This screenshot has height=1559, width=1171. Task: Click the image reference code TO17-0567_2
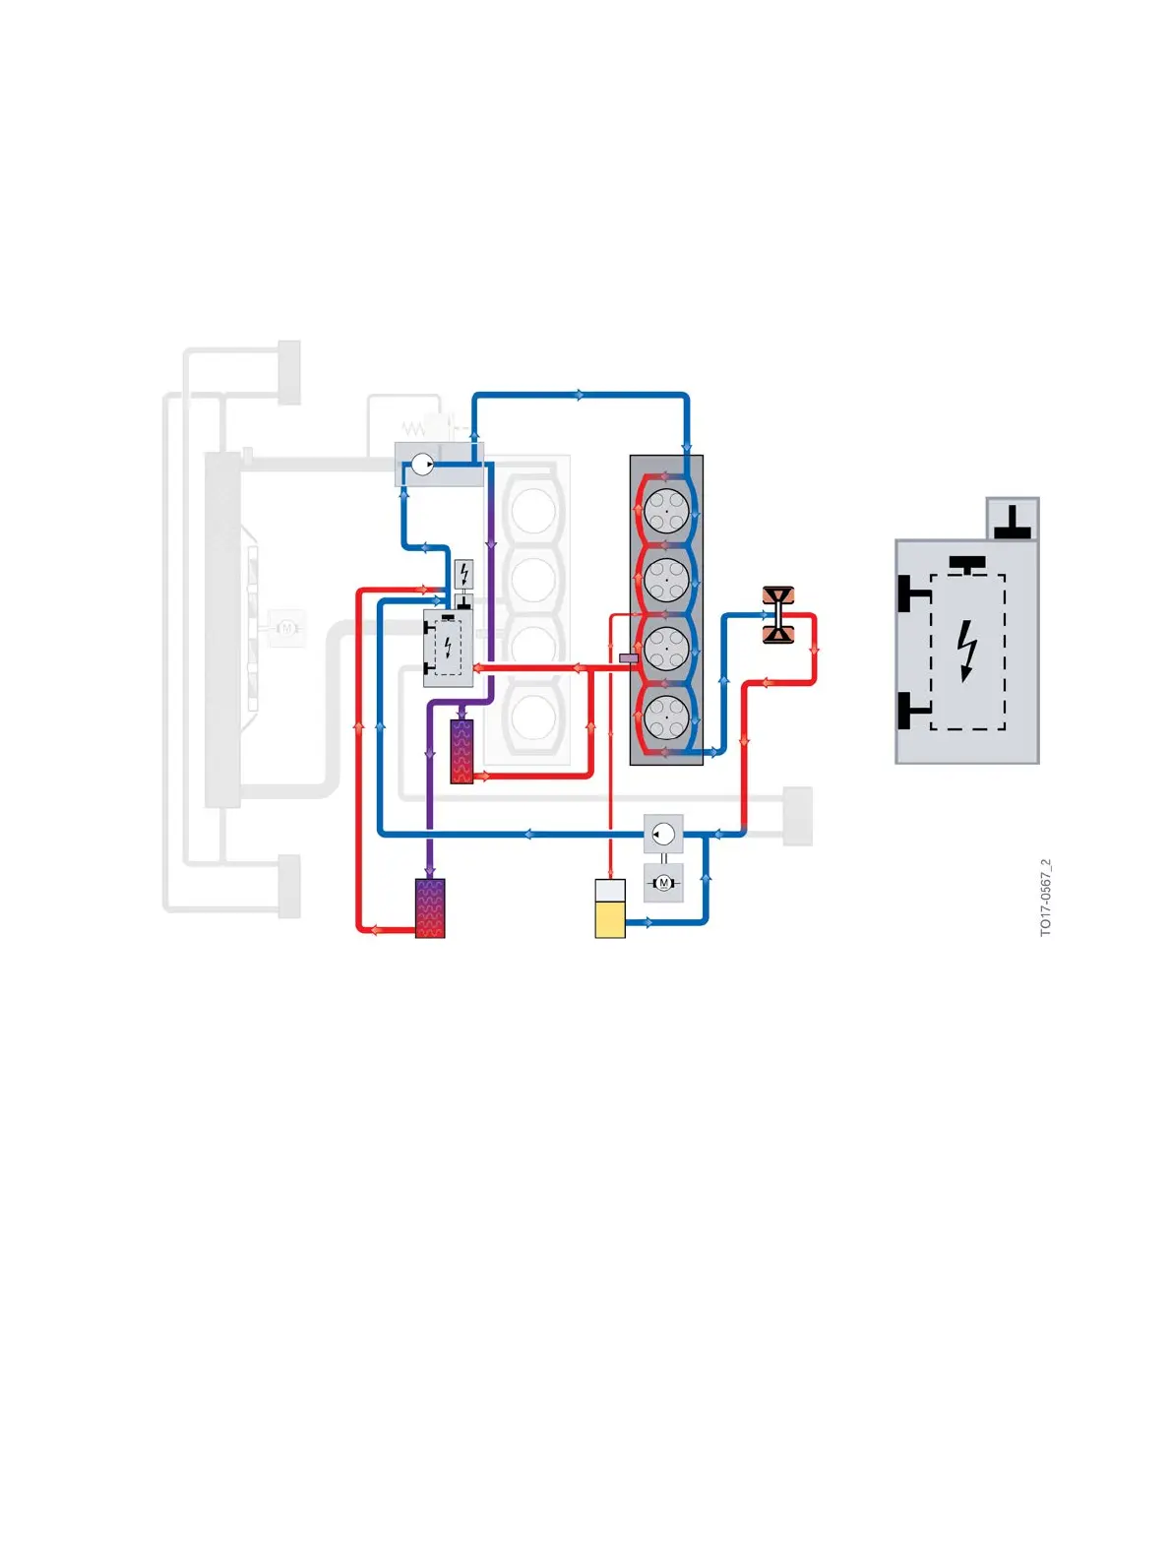click(x=1045, y=897)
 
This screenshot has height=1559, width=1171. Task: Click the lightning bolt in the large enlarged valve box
click(x=968, y=651)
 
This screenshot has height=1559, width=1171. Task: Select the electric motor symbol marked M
click(x=663, y=883)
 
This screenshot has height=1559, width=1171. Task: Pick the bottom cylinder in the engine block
click(x=666, y=717)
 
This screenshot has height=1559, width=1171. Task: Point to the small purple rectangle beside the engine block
click(x=629, y=657)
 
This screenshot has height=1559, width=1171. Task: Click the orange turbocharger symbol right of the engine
click(x=778, y=615)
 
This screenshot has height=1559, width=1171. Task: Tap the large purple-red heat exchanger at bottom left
click(x=430, y=907)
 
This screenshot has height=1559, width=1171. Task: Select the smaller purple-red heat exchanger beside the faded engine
click(x=462, y=751)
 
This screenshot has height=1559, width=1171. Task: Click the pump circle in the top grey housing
click(x=422, y=464)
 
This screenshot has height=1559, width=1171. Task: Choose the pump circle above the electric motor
click(x=663, y=834)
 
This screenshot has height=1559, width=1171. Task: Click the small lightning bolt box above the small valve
click(x=463, y=573)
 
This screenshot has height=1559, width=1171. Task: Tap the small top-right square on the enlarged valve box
click(x=1013, y=519)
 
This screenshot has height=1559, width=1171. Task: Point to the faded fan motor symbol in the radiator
click(x=287, y=626)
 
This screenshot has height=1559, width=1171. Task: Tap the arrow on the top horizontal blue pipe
click(x=580, y=395)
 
